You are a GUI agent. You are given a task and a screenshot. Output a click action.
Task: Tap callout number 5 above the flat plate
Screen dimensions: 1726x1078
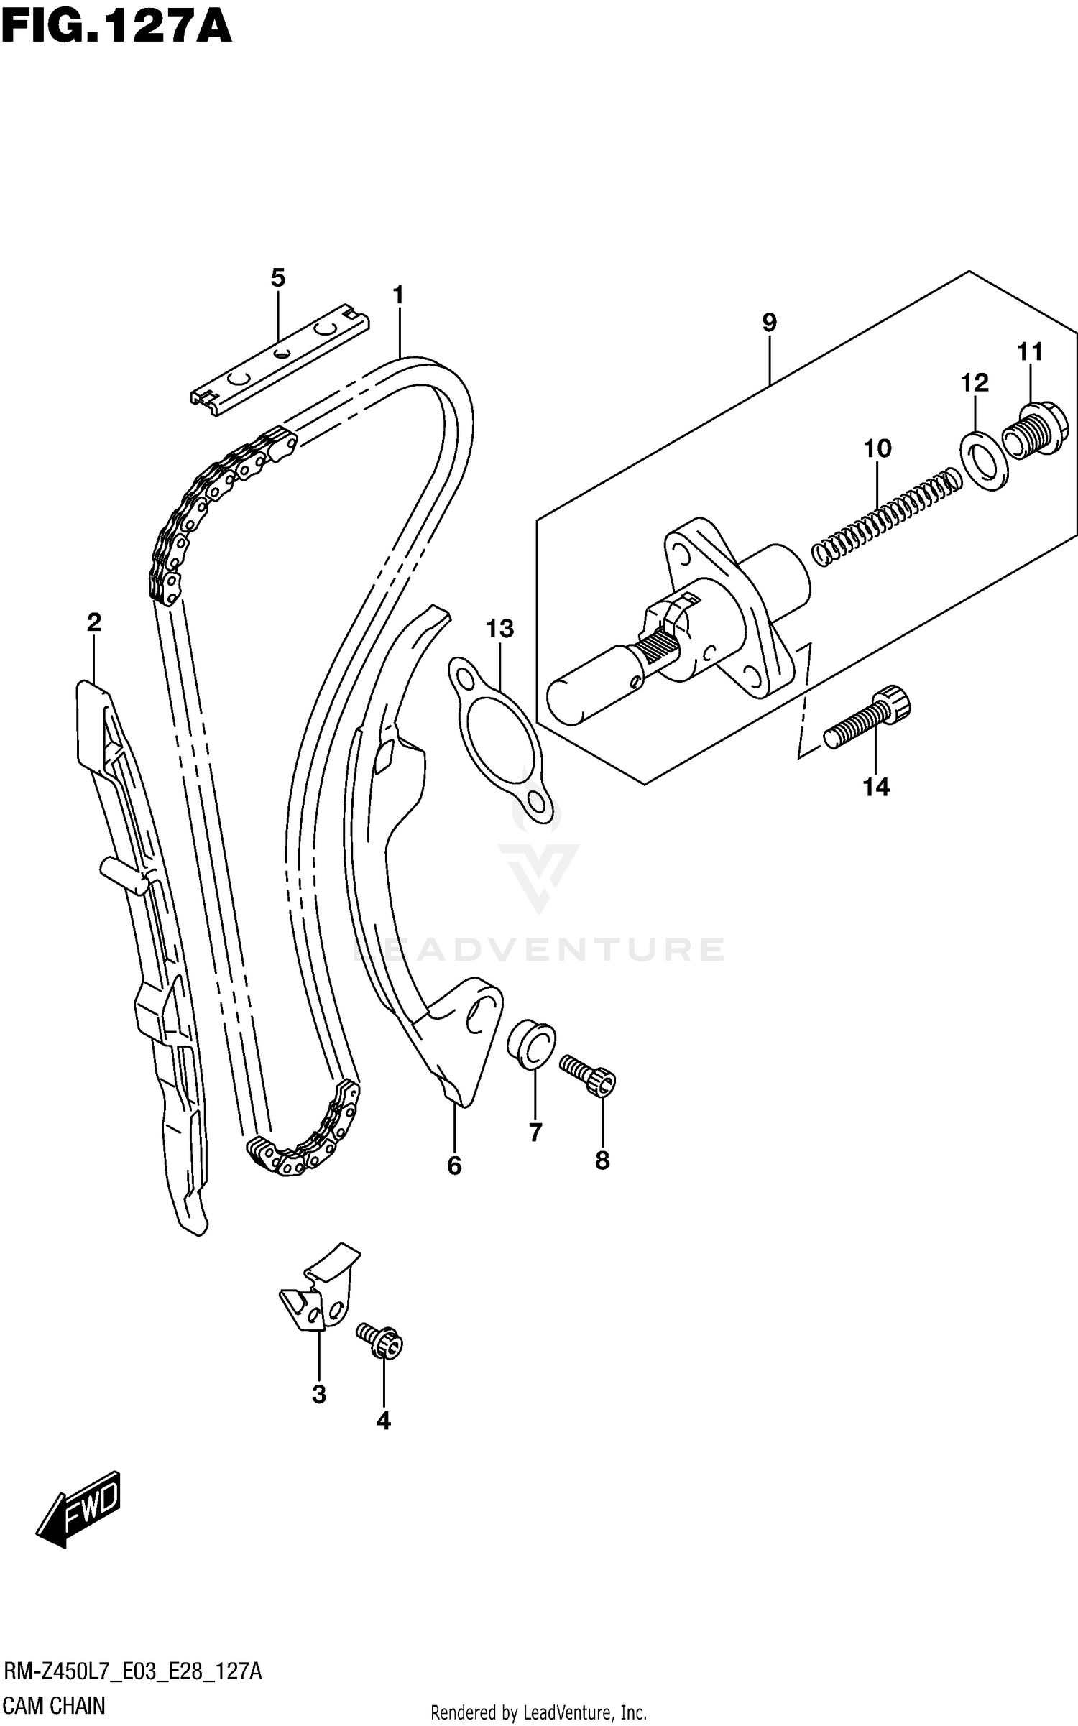[278, 277]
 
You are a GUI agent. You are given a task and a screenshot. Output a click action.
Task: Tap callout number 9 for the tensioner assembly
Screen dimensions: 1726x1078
[769, 323]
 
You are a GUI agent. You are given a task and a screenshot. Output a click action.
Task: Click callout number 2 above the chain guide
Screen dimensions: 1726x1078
[93, 622]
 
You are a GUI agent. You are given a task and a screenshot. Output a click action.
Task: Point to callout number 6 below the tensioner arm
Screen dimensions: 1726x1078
[454, 1166]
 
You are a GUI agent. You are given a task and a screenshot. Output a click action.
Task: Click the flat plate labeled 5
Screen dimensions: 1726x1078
[280, 359]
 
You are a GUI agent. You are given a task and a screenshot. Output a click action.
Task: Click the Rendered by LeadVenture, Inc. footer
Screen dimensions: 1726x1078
[538, 1713]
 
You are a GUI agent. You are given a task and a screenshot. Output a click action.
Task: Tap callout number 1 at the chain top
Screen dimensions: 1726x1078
[398, 295]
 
